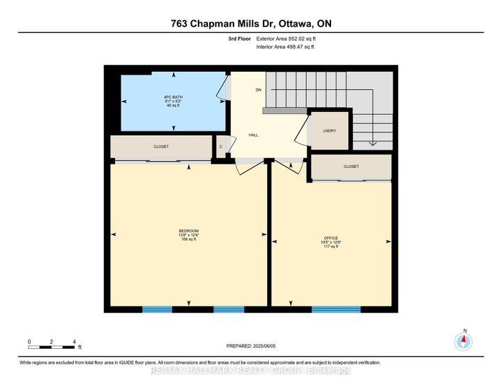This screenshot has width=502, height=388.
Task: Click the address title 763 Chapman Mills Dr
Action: coord(251,24)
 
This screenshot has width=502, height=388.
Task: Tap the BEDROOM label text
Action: coord(188,231)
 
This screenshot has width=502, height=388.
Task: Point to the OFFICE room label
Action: coord(331,238)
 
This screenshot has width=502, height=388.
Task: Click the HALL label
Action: coord(254,134)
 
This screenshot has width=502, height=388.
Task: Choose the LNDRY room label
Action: coord(329,130)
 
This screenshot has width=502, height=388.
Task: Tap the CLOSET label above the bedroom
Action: coord(161,147)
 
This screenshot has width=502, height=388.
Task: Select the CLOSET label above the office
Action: coord(351,166)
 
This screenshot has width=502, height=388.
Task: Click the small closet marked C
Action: coord(220,146)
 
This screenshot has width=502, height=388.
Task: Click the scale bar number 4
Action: coord(74,341)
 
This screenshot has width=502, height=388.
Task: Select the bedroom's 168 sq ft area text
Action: coord(188,240)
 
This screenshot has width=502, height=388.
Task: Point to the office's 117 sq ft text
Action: coord(331,247)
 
